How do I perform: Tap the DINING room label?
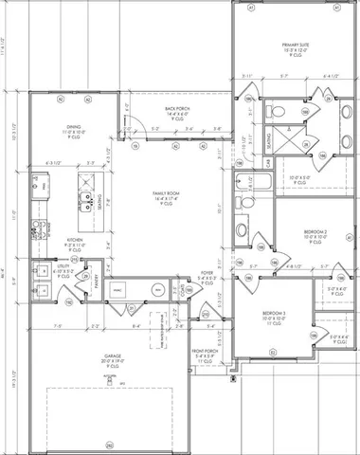pyautogui.click(x=73, y=125)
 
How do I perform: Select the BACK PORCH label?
pyautogui.click(x=176, y=109)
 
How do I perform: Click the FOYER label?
pyautogui.click(x=206, y=272)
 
